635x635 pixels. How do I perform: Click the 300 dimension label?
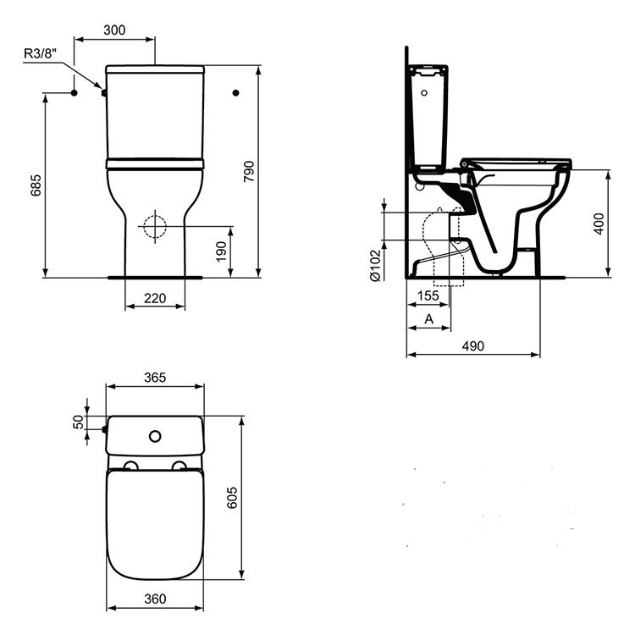[x=114, y=30]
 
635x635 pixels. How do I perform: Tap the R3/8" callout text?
[x=40, y=53]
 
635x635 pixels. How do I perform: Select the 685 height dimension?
[x=36, y=185]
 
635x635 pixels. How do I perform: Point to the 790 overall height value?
[x=249, y=171]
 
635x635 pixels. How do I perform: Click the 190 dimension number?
[x=221, y=251]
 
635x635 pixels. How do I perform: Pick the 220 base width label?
[x=155, y=299]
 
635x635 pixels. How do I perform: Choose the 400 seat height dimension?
[x=599, y=224]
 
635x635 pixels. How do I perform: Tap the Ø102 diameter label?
[x=375, y=266]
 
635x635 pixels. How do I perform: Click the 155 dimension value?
[x=428, y=295]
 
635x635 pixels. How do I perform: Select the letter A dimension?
[x=429, y=319]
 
